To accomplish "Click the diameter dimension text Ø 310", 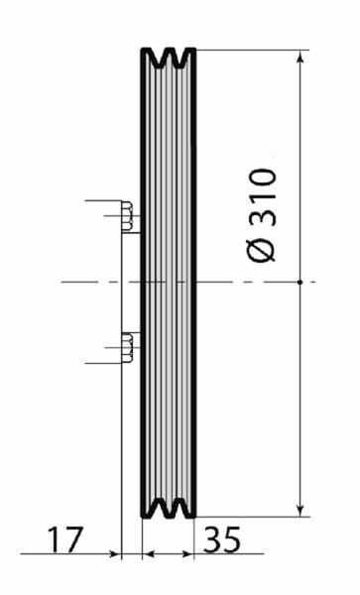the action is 262,215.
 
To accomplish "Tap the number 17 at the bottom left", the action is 64,539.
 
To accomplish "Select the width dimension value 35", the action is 222,539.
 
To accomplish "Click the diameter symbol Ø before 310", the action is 262,250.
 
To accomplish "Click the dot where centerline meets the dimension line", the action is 300,282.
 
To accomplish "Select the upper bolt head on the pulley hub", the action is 127,216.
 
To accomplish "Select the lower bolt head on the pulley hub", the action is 127,347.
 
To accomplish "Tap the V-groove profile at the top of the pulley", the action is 169,58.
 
